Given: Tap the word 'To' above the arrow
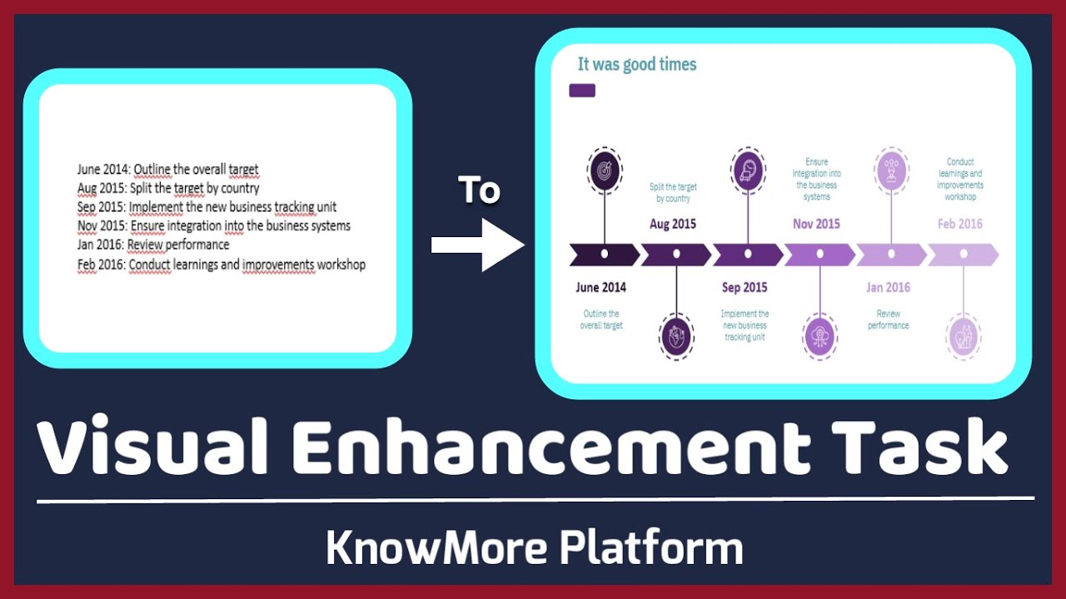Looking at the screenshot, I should (x=479, y=191).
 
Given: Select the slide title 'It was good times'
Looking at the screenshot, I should (x=637, y=64).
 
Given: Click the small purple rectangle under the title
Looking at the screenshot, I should (x=582, y=90).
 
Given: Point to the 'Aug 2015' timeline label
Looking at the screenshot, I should (x=673, y=224).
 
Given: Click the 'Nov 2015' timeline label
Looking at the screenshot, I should (x=816, y=224).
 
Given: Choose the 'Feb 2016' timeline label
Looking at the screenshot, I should (x=959, y=224).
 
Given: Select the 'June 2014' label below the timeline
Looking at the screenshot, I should (x=600, y=288).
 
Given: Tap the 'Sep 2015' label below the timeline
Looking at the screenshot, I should (x=745, y=288).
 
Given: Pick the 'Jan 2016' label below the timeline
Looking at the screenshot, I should (x=888, y=288).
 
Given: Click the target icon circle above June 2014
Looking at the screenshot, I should (x=604, y=170).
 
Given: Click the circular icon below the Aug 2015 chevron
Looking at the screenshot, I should (x=675, y=337).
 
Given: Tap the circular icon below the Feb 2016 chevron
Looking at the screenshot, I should (x=964, y=337).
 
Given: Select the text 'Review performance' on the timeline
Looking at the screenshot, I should (x=889, y=319).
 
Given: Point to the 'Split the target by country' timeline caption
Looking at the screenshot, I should (x=673, y=193).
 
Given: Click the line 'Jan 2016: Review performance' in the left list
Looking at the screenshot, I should (x=153, y=245).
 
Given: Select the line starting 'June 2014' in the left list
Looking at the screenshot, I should (x=168, y=170).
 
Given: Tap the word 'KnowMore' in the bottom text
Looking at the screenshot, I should (x=436, y=548).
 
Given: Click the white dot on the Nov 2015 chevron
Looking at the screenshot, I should (x=819, y=254).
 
